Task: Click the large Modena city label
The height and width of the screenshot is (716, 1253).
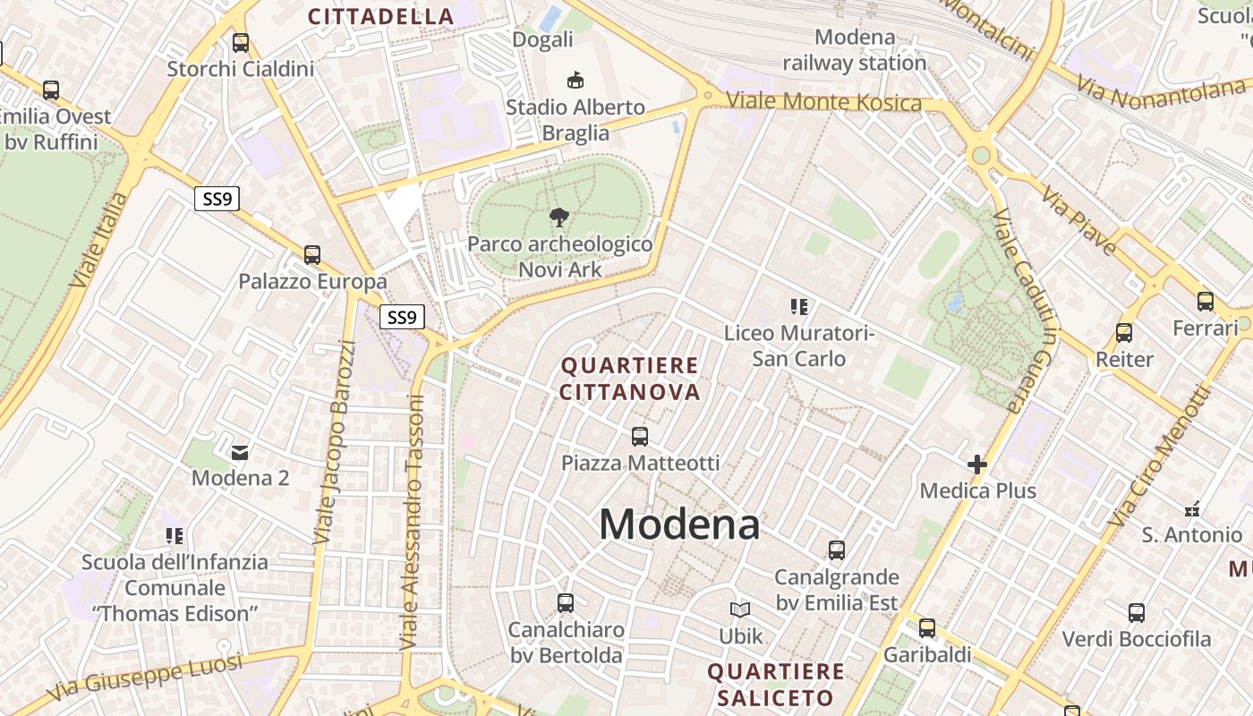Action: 679,524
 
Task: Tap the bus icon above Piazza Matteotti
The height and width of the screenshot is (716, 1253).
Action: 639,437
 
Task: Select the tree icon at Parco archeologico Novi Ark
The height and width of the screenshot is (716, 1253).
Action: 559,217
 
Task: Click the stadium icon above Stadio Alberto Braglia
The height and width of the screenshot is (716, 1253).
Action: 575,80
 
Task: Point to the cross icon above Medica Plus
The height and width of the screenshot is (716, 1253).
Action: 977,465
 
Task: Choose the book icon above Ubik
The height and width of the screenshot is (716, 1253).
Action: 740,610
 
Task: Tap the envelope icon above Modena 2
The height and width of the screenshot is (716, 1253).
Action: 240,452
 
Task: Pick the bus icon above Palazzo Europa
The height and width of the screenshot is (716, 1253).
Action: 311,255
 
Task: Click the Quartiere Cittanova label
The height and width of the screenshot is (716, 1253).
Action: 630,379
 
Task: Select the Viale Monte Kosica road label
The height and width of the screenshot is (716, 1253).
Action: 823,101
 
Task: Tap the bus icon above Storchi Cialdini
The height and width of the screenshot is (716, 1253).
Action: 240,42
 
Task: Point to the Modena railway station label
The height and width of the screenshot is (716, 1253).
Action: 855,50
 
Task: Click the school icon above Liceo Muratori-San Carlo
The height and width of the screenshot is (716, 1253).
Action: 798,308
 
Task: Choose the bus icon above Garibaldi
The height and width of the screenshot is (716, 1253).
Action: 926,628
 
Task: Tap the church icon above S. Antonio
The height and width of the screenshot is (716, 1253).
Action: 1191,509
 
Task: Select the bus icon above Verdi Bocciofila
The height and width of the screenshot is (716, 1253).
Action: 1136,613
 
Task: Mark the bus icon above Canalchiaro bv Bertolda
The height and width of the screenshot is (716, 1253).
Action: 565,603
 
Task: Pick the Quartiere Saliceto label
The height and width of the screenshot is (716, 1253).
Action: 776,684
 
